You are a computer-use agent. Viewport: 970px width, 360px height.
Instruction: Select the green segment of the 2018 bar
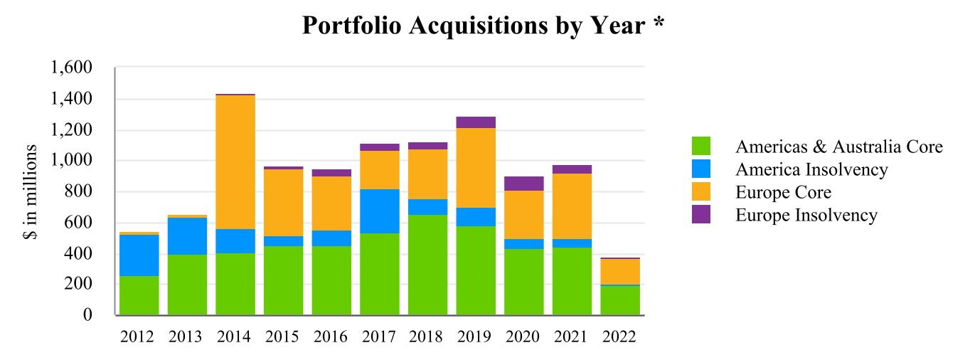(x=428, y=265)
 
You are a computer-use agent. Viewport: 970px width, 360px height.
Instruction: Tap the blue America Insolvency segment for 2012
(x=139, y=255)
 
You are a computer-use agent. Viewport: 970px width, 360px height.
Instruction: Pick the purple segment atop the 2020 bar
(x=524, y=184)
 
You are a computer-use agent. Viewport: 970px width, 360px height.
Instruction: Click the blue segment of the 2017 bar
(x=380, y=211)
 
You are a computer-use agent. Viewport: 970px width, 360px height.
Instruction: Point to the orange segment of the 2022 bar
(x=620, y=271)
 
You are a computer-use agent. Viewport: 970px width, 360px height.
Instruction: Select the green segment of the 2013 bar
(x=187, y=285)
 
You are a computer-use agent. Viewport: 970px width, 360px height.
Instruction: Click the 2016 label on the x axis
(x=331, y=337)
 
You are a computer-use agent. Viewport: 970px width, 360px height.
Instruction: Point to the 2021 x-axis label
(x=572, y=337)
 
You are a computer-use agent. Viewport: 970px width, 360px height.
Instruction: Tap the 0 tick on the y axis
(x=87, y=315)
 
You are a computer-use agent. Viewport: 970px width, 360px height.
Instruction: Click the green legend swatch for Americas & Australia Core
(x=701, y=147)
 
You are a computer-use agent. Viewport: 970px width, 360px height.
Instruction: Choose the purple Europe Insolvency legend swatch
(x=701, y=214)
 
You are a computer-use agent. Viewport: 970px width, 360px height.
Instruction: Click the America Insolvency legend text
(x=811, y=169)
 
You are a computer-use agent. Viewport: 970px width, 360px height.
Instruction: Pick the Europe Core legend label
(x=783, y=192)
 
